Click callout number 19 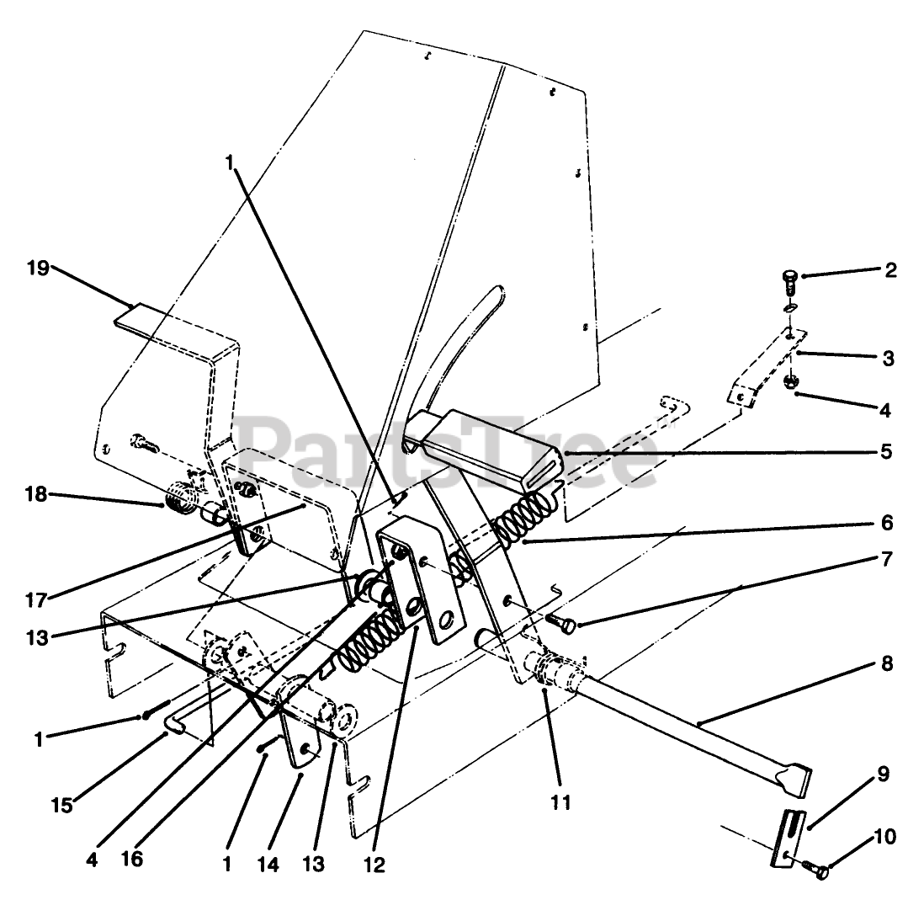coord(38,269)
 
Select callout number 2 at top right coord(890,270)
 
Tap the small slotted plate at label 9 coord(787,836)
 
